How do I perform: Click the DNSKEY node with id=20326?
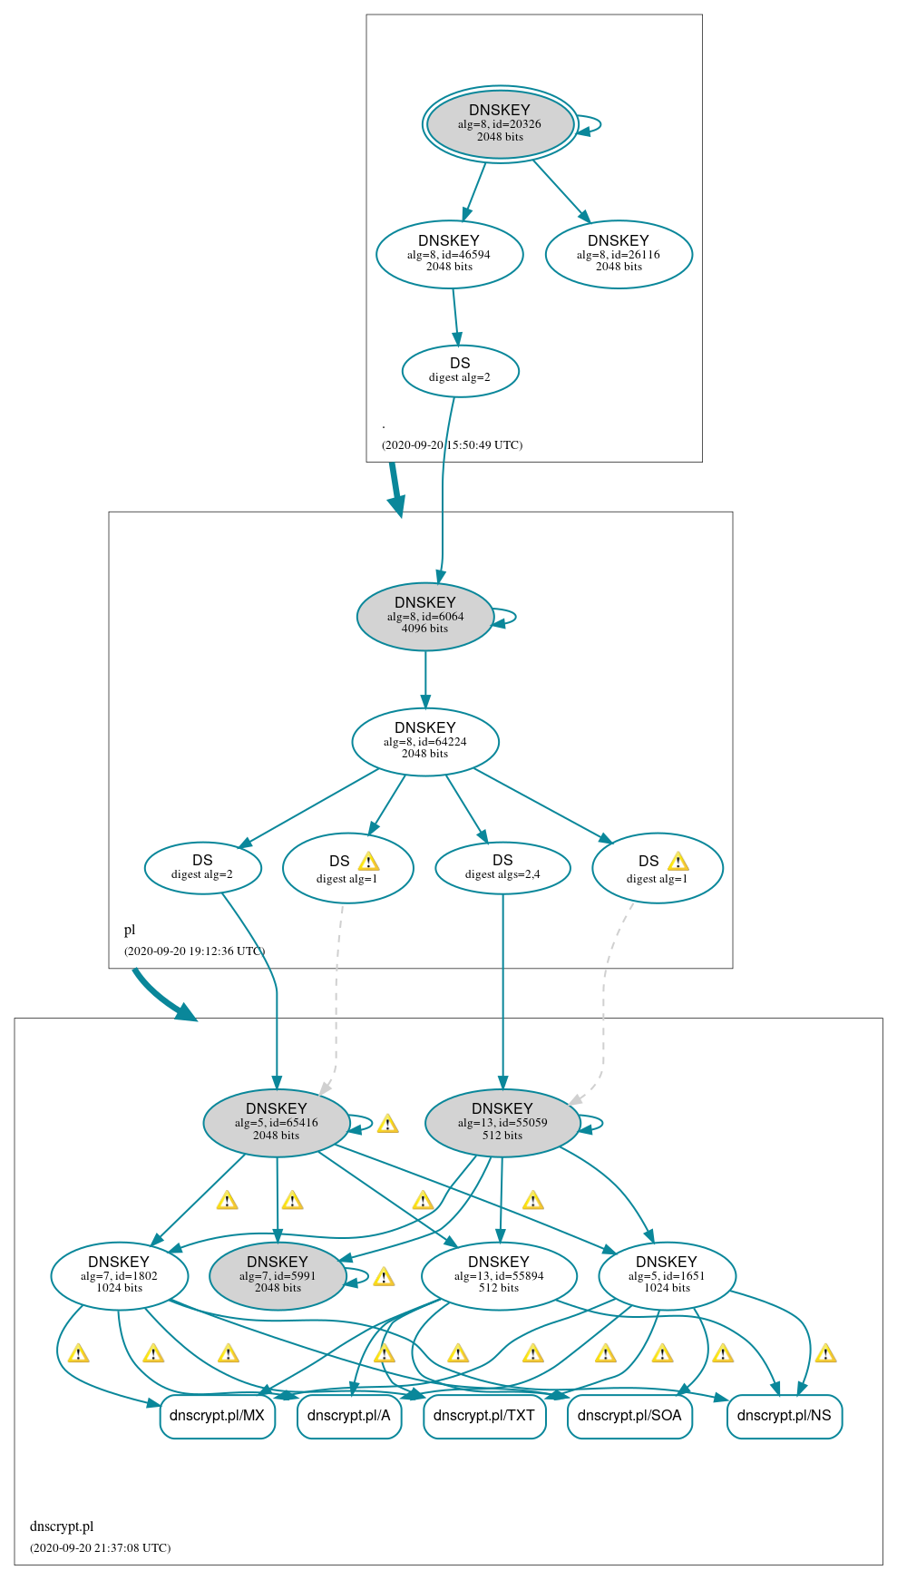click(500, 124)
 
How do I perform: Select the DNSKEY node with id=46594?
click(449, 254)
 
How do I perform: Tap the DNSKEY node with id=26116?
click(619, 254)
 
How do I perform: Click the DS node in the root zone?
click(460, 370)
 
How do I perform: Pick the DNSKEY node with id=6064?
click(424, 616)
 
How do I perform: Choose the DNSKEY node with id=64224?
click(424, 741)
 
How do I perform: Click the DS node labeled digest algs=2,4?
click(502, 867)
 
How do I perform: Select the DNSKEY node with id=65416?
click(277, 1122)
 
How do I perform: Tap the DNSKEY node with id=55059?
click(502, 1122)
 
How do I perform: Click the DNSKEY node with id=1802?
click(119, 1275)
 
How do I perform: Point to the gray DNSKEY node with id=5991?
click(278, 1275)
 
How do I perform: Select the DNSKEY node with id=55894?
click(499, 1275)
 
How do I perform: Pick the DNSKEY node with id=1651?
click(667, 1275)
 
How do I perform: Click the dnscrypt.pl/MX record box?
click(217, 1416)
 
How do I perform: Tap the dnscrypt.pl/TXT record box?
click(484, 1416)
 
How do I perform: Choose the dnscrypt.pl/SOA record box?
click(629, 1416)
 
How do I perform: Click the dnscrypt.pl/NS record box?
click(784, 1416)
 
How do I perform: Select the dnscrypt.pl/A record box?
click(349, 1416)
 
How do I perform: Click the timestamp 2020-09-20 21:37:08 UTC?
click(100, 1547)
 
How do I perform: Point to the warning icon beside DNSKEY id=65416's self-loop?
click(388, 1124)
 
